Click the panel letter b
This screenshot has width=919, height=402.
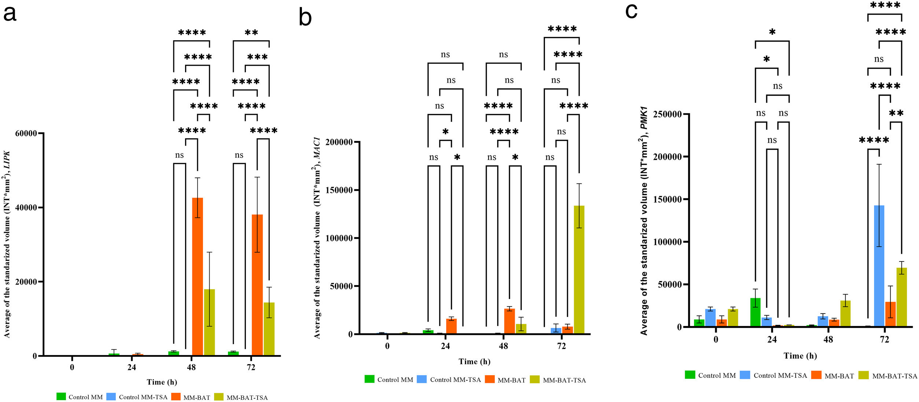pyautogui.click(x=305, y=18)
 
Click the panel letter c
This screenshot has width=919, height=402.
pyautogui.click(x=631, y=11)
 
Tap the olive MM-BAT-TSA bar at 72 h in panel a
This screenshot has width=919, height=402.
pyautogui.click(x=269, y=329)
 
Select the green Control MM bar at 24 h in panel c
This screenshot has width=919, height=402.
pyautogui.click(x=755, y=312)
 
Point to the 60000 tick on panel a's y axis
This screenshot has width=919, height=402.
pyautogui.click(x=26, y=134)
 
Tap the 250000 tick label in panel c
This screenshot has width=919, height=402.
pyautogui.click(x=669, y=114)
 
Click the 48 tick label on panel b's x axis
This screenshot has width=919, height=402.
pyautogui.click(x=503, y=346)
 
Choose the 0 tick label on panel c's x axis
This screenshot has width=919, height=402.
pyautogui.click(x=716, y=339)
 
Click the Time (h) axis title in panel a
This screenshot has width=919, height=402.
pyautogui.click(x=162, y=382)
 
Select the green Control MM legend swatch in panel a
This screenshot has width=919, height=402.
pyautogui.click(x=61, y=396)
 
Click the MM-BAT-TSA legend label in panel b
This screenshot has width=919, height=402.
pyautogui.click(x=564, y=380)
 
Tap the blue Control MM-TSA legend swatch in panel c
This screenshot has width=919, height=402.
pyautogui.click(x=745, y=375)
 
